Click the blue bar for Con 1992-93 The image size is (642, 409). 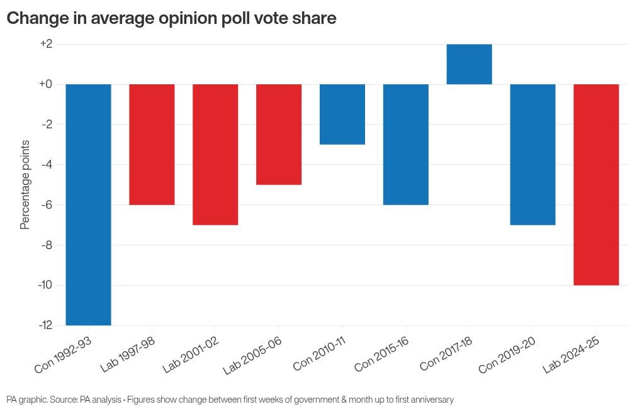click(x=88, y=204)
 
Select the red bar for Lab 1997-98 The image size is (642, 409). click(x=152, y=144)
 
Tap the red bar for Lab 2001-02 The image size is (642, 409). click(x=215, y=154)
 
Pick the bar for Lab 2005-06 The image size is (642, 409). click(x=279, y=134)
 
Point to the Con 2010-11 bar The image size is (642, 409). click(x=342, y=114)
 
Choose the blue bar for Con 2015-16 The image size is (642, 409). click(x=406, y=144)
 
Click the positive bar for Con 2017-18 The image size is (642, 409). click(x=469, y=64)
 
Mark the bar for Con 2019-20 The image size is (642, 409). click(x=532, y=154)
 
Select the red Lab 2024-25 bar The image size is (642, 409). click(x=596, y=184)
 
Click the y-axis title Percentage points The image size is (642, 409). click(x=25, y=184)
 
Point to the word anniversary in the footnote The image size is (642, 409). click(x=427, y=400)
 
